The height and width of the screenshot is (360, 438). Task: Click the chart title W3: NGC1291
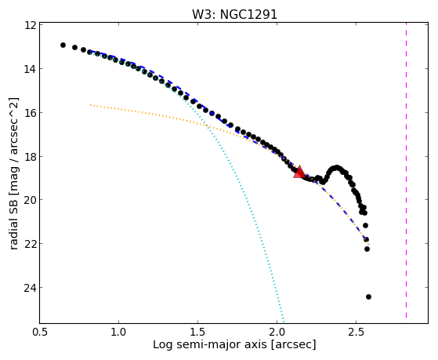(234, 14)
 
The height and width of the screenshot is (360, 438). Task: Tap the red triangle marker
(299, 172)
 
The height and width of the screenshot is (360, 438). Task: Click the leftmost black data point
(63, 45)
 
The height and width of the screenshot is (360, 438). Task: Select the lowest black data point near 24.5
(368, 296)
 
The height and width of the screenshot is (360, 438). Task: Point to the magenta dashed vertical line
(406, 170)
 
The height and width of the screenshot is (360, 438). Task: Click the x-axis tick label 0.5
(40, 332)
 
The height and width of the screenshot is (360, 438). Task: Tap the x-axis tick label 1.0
(119, 332)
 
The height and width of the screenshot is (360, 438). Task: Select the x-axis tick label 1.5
(197, 332)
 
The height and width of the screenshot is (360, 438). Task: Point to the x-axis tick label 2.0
(277, 332)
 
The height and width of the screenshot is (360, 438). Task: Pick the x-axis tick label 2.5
(356, 332)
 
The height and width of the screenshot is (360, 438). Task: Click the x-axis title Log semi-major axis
(210, 345)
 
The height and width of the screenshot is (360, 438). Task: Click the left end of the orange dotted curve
(90, 105)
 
